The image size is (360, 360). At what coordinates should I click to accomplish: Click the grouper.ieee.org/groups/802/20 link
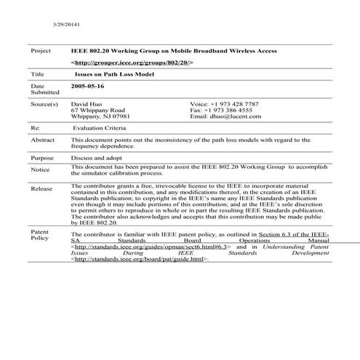point(132,63)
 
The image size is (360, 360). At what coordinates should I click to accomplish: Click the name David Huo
point(86,104)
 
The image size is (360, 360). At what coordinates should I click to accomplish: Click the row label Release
point(41,189)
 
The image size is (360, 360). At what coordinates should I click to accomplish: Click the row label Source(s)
point(44,104)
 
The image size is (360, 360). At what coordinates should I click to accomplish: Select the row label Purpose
point(42,158)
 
